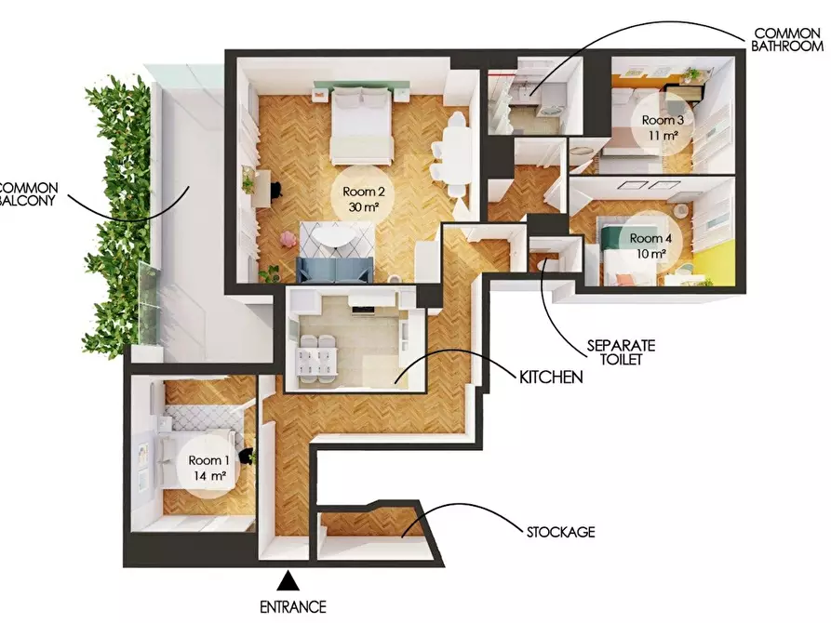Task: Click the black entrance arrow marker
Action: pos(288,580)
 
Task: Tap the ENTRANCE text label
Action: pos(292,607)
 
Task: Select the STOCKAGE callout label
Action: pos(561,532)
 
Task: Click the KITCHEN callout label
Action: pos(551,378)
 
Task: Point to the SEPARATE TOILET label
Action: pos(621,352)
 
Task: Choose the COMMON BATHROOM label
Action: pos(787,40)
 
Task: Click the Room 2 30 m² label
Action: pos(364,199)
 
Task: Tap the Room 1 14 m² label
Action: pos(209,468)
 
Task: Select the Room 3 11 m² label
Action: pos(663,127)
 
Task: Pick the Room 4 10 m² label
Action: pos(650,245)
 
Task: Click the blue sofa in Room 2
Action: pos(334,270)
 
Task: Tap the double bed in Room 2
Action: pos(362,125)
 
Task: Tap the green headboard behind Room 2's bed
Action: pos(362,85)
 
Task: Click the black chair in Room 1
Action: pos(247,457)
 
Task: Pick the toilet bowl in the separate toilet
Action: pos(543,264)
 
